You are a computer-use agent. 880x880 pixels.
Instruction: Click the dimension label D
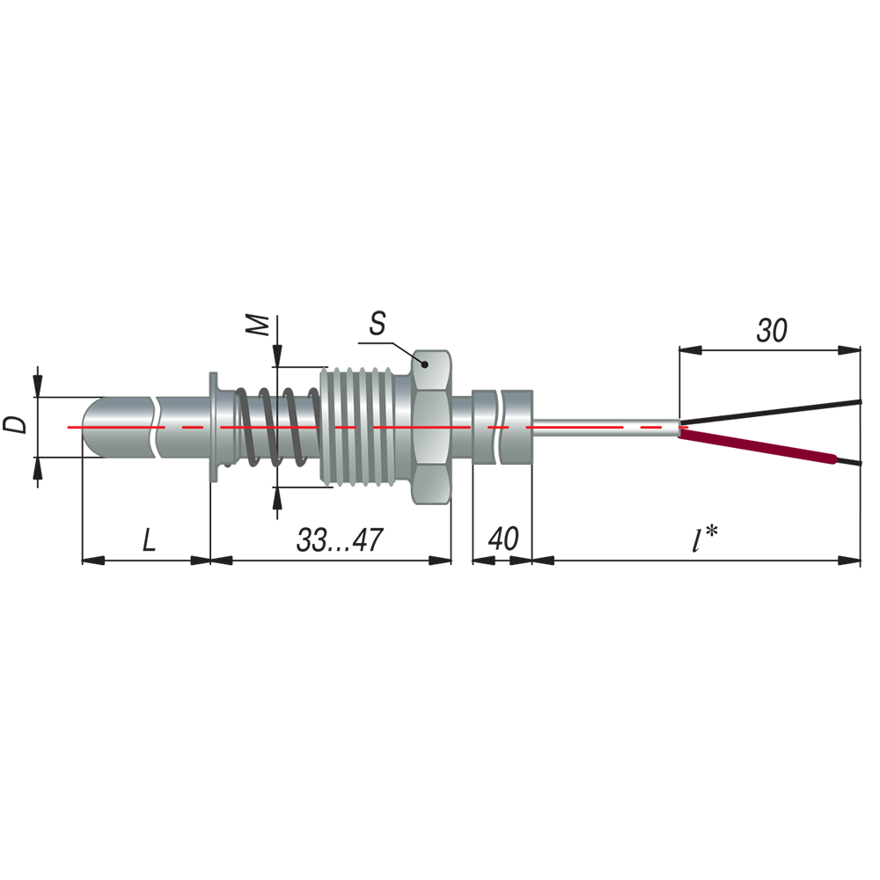coord(15,425)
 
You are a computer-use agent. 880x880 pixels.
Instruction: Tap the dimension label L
coord(149,540)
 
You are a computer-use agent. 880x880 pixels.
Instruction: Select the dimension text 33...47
coord(340,540)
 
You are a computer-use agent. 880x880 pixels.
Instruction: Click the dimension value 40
coord(502,539)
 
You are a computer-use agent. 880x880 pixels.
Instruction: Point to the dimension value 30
coord(773,330)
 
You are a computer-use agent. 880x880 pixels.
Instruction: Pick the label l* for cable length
coord(705,539)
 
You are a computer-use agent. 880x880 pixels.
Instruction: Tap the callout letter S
coord(378,324)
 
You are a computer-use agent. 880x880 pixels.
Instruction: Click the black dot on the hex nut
coord(425,365)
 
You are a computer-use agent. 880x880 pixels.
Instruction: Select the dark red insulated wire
coord(758,445)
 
